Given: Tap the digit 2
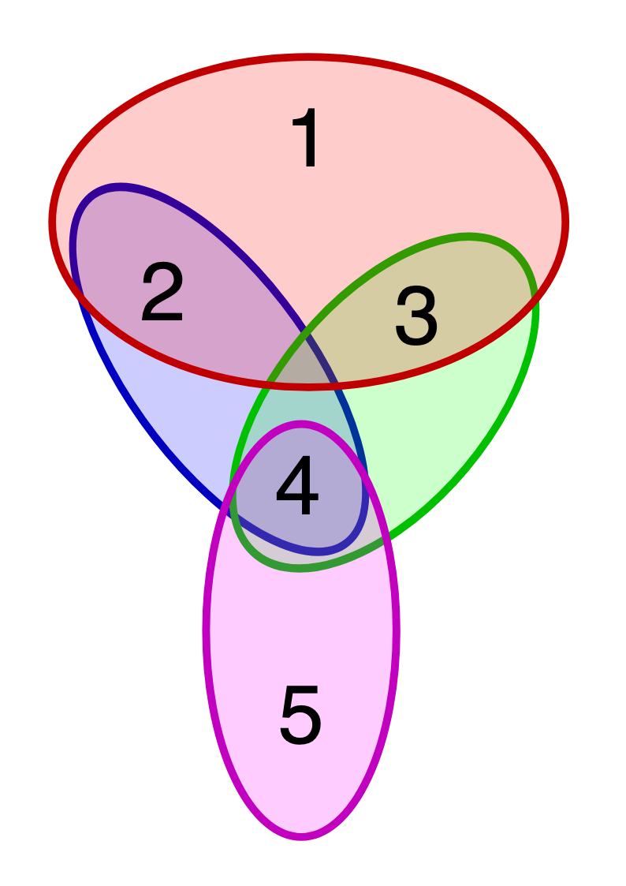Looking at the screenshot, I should point(162,293).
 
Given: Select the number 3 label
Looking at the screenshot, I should point(416,316).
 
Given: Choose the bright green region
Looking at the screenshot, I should point(442,426).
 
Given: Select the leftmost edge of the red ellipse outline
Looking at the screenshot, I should point(52,222).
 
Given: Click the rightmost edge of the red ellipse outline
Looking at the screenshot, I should point(565,222).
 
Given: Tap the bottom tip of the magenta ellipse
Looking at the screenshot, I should point(301,836).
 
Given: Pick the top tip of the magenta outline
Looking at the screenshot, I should point(301,424).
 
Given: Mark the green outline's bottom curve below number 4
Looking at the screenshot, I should point(300,566).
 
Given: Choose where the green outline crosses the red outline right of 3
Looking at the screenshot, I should point(535,292).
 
